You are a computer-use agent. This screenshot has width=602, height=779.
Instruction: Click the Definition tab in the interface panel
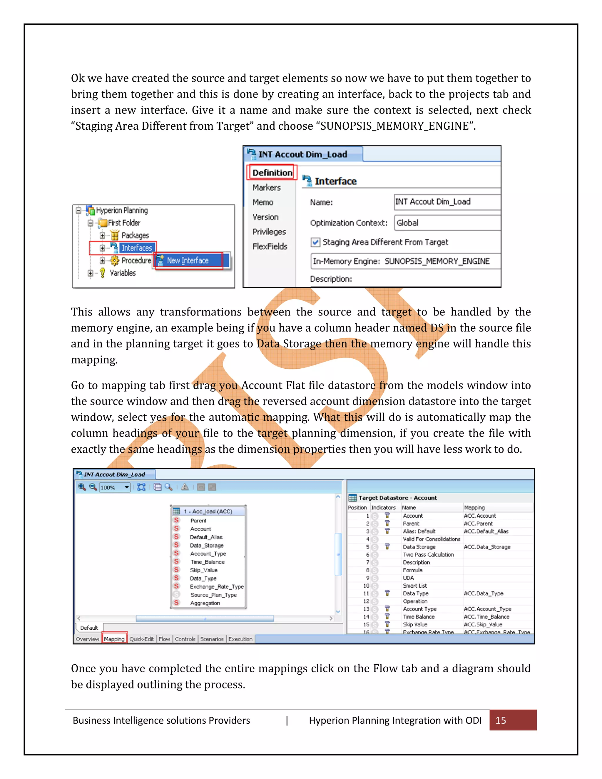pyautogui.click(x=272, y=173)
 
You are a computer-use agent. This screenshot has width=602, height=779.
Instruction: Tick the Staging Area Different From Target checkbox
pyautogui.click(x=315, y=243)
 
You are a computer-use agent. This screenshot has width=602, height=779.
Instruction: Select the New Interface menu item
pyautogui.click(x=188, y=261)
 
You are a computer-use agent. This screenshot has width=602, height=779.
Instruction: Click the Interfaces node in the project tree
pyautogui.click(x=137, y=248)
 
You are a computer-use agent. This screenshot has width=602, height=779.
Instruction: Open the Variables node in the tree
pyautogui.click(x=122, y=273)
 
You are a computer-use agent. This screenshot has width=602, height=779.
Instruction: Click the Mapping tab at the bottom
pyautogui.click(x=114, y=639)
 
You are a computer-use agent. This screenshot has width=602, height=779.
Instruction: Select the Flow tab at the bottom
pyautogui.click(x=164, y=639)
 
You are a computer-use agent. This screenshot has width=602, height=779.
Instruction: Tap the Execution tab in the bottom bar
pyautogui.click(x=240, y=639)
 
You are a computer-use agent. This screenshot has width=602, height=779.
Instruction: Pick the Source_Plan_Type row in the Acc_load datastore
pyautogui.click(x=213, y=595)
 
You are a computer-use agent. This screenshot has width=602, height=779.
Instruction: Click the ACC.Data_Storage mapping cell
pyautogui.click(x=487, y=547)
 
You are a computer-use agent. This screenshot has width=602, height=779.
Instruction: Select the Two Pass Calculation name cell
pyautogui.click(x=428, y=555)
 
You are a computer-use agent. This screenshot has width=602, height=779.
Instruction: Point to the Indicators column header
pyautogui.click(x=383, y=508)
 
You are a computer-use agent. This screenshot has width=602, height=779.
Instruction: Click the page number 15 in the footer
pyautogui.click(x=501, y=721)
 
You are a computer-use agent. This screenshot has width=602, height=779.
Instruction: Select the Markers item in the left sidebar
pyautogui.click(x=266, y=188)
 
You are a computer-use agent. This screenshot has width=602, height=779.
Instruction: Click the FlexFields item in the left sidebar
pyautogui.click(x=270, y=246)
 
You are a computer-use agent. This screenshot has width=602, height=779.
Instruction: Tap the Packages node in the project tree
pyautogui.click(x=135, y=235)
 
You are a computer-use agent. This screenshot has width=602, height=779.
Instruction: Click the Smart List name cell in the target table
pyautogui.click(x=414, y=586)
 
